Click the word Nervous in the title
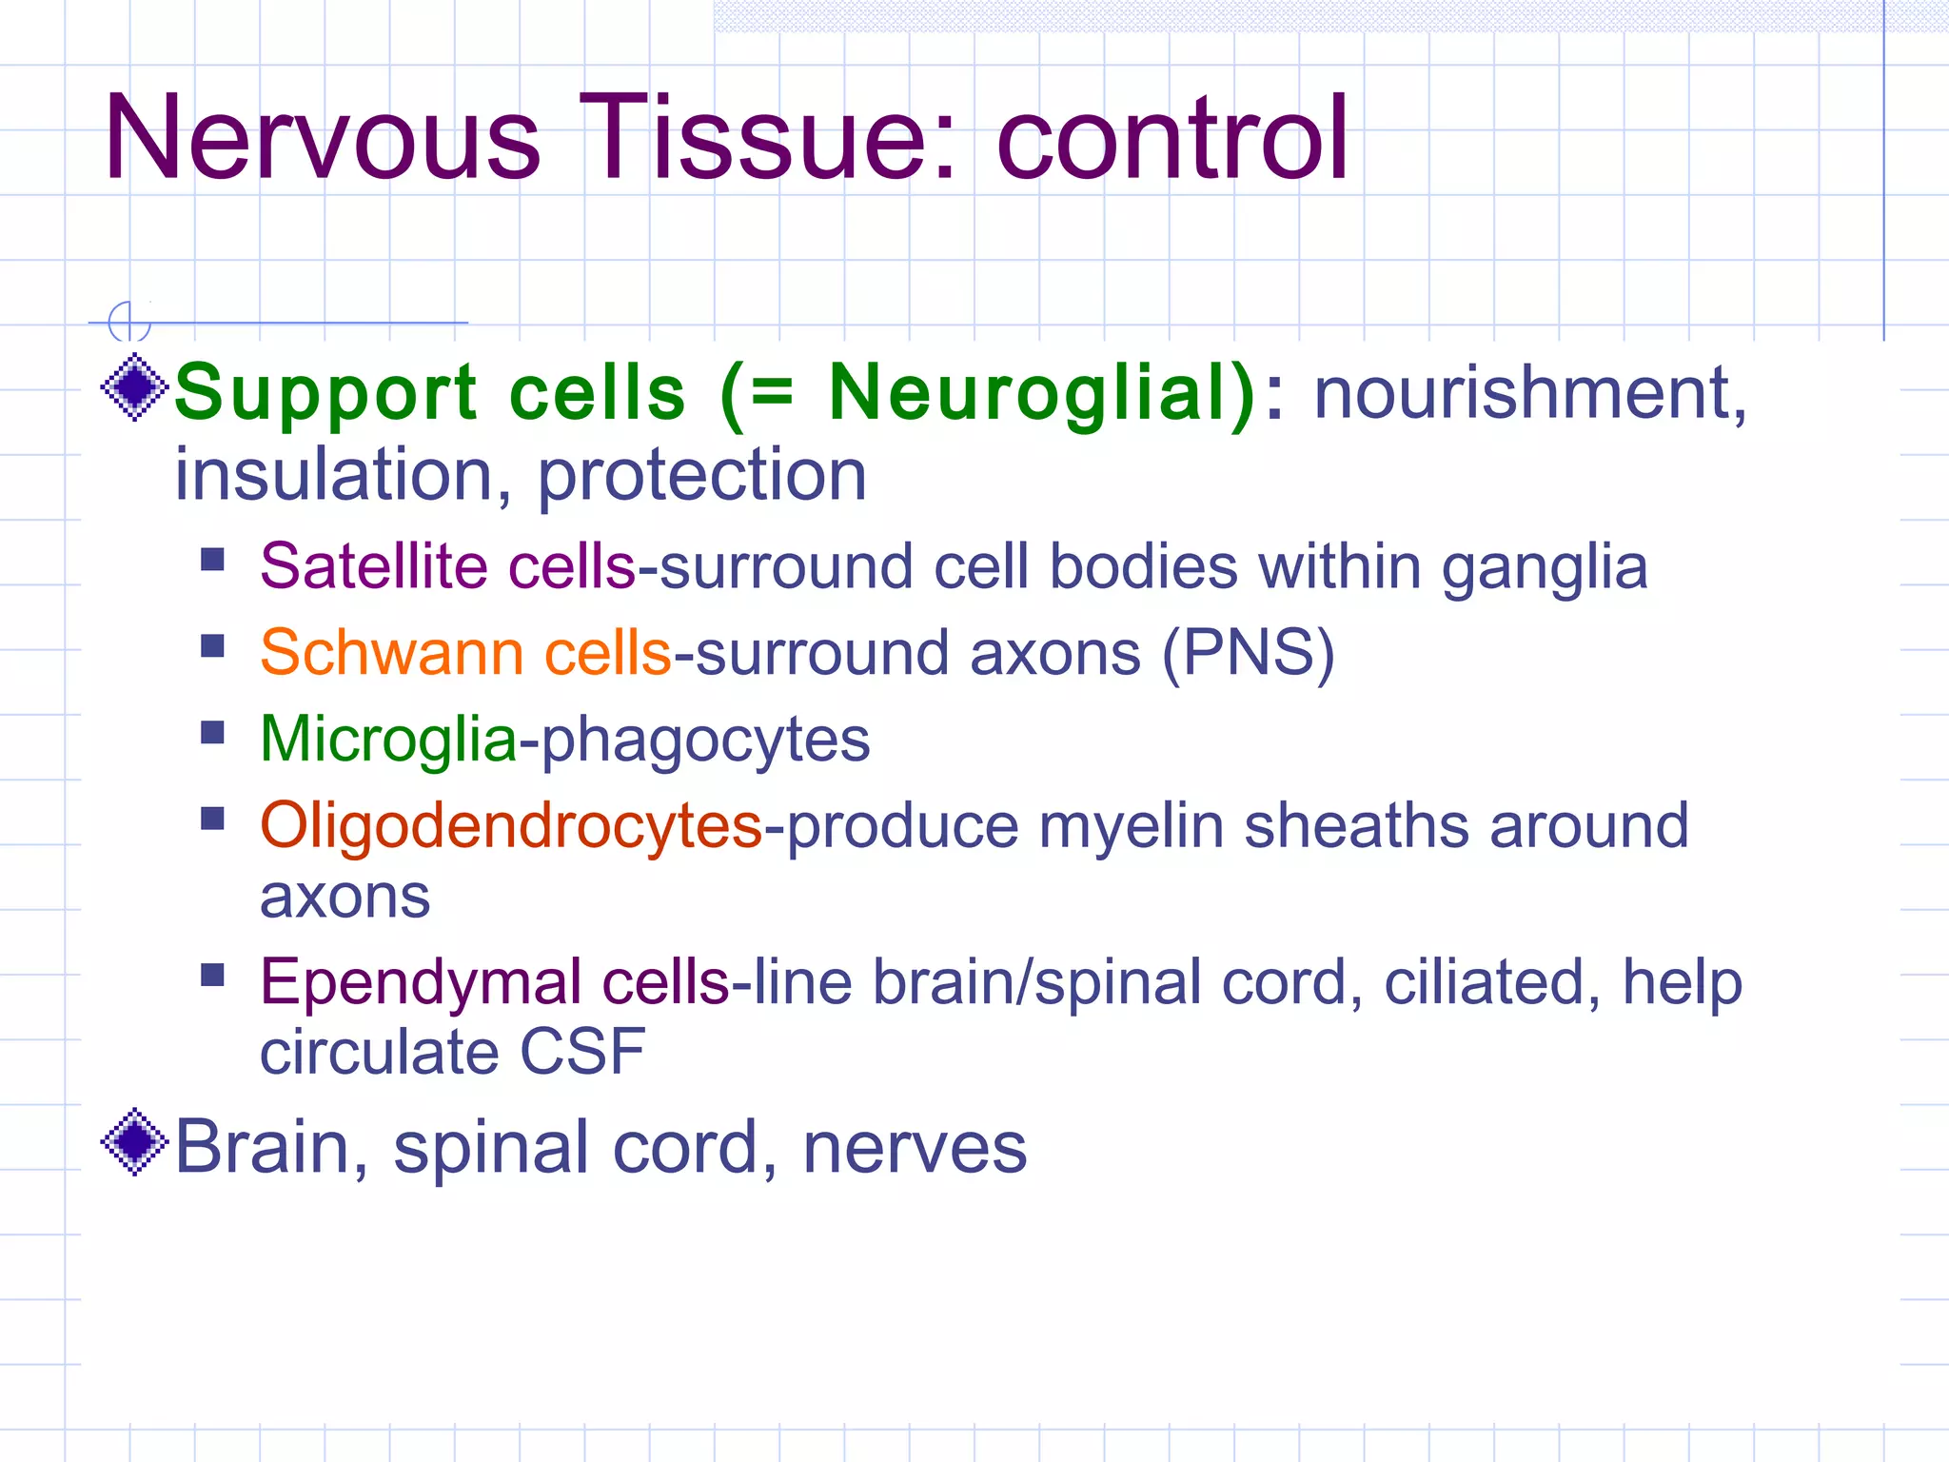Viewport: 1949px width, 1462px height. tap(322, 138)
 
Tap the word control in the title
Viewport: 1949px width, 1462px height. tap(1171, 138)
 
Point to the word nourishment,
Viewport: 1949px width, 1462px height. tap(1529, 392)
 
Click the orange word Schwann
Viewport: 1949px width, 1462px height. tap(391, 653)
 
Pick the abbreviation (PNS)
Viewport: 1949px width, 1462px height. tap(1249, 654)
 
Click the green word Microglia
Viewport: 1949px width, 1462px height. tap(388, 740)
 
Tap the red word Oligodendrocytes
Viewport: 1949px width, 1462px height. tap(511, 826)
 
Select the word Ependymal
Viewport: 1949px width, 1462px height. tap(420, 983)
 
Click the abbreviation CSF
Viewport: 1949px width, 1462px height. tap(582, 1052)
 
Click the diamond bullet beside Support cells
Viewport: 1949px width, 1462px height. tap(134, 386)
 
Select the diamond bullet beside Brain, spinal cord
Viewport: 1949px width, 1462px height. tap(134, 1141)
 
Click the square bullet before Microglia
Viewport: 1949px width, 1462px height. tap(212, 733)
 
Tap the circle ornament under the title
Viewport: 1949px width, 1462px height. tap(128, 322)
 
